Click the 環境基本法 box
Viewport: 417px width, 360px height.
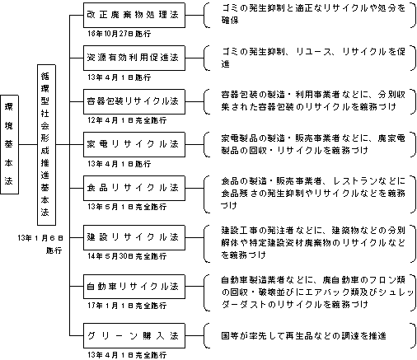9,144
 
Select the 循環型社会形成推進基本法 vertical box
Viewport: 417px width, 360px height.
46,145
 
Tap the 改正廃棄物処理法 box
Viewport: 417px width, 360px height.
134,15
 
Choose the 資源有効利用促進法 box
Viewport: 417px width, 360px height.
134,58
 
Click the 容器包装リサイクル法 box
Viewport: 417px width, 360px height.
134,101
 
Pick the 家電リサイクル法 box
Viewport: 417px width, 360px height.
134,144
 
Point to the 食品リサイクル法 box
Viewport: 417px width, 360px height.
134,188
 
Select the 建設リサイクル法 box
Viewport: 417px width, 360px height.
134,237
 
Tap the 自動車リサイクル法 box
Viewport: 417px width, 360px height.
134,287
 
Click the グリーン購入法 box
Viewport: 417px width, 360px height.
134,336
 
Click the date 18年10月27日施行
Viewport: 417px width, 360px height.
119,34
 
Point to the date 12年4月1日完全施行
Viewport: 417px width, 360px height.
127,120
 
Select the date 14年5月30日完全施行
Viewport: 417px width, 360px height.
127,256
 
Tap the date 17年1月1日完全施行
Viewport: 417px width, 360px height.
127,306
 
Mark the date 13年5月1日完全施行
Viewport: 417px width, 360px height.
127,207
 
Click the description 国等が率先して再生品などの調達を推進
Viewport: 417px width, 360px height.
303,336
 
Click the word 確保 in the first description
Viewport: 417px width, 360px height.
230,21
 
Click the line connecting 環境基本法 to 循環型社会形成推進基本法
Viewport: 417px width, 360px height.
28,144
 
